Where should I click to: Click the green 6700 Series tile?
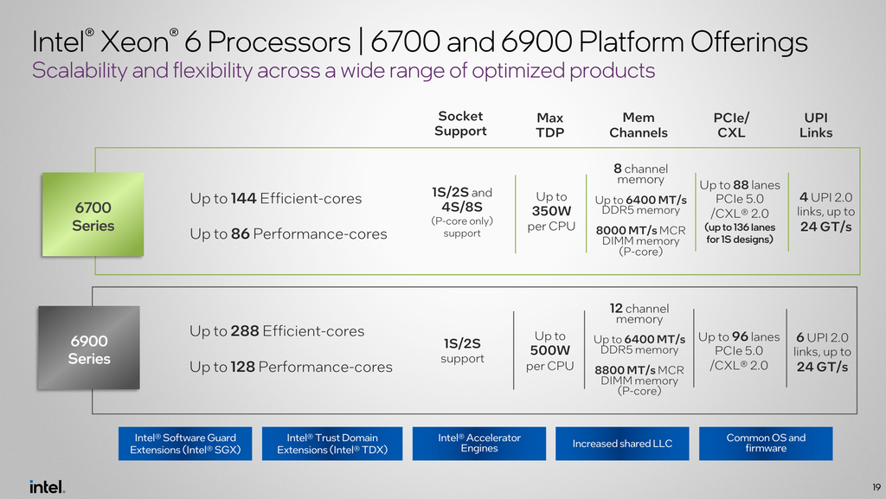(x=93, y=214)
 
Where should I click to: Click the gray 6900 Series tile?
(x=89, y=348)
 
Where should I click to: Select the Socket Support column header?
(x=460, y=124)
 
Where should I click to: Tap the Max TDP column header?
(x=549, y=125)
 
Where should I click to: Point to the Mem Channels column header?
(x=639, y=125)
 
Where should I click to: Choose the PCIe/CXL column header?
(x=731, y=125)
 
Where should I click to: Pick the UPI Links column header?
(x=816, y=125)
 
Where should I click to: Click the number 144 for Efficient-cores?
(x=243, y=199)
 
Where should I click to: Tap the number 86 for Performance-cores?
(x=241, y=234)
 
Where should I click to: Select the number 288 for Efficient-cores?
(x=245, y=330)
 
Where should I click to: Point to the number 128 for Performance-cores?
(x=242, y=367)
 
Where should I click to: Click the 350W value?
(x=551, y=211)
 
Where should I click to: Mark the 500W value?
(x=549, y=350)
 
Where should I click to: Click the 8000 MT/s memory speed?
(x=626, y=230)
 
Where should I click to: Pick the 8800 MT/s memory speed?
(x=625, y=370)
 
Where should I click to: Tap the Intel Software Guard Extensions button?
(x=185, y=444)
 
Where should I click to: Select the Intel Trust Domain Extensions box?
(x=332, y=444)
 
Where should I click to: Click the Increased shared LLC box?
(x=622, y=444)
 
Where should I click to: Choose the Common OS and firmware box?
(x=766, y=444)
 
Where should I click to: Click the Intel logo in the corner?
(x=48, y=487)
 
